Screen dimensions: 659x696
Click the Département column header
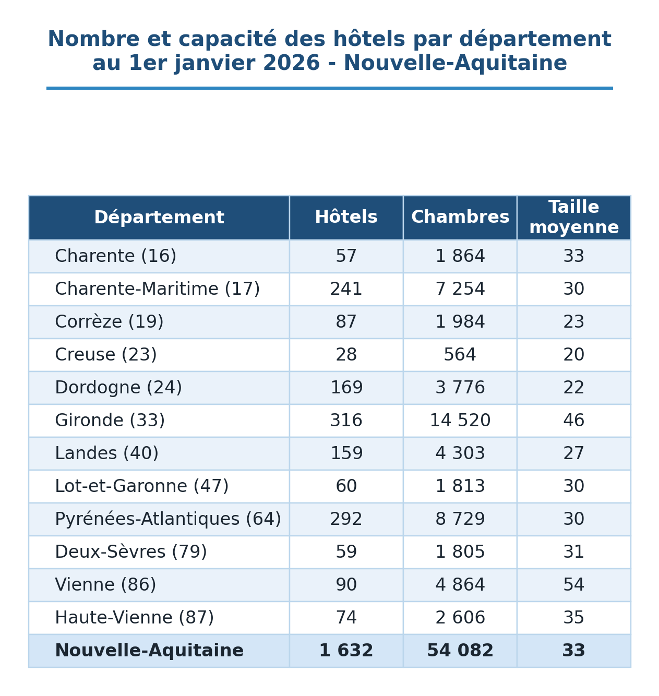(159, 218)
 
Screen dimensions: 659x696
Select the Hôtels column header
(346, 217)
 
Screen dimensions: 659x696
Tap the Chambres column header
(460, 217)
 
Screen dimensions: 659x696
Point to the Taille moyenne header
(573, 217)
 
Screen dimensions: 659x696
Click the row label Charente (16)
(115, 256)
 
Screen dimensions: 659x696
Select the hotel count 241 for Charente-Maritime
(346, 289)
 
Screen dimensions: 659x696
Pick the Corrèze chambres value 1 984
(460, 322)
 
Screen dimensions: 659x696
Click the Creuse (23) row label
(106, 355)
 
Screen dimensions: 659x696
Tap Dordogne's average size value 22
(573, 388)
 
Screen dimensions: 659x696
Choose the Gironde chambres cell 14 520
(460, 421)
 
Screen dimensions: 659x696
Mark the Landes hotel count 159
(346, 453)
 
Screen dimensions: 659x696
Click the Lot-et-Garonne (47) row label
(141, 486)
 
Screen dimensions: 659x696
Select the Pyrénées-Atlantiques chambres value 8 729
(460, 519)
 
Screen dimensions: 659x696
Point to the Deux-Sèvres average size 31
(573, 552)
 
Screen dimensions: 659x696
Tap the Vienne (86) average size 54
(573, 585)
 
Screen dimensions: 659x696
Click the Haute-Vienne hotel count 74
(346, 618)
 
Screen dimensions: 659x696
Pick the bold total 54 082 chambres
(460, 651)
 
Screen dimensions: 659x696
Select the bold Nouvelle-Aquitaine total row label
(149, 651)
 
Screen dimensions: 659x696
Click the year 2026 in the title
(292, 63)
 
